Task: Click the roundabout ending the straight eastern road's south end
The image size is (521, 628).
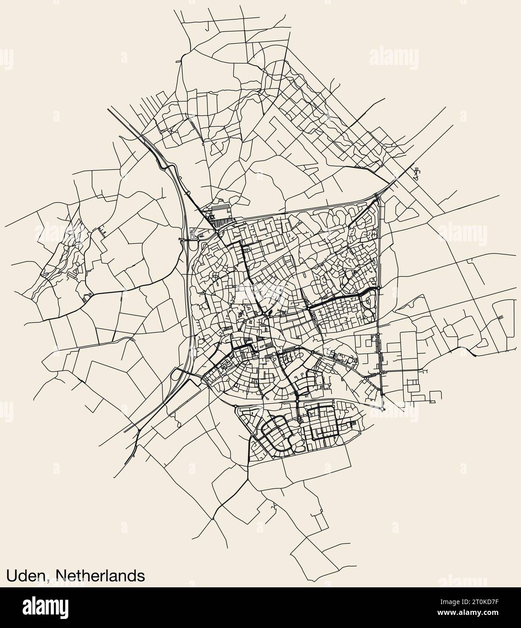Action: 383,409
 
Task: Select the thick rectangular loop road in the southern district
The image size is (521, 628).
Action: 324,422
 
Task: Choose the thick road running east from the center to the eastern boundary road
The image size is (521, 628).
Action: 344,299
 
